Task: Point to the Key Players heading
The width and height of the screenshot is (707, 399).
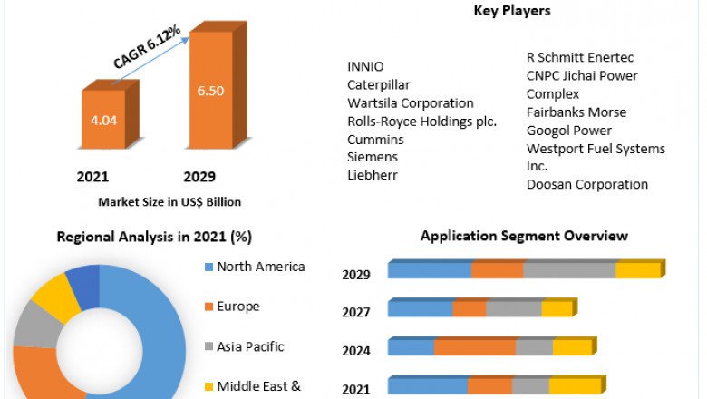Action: [x=512, y=11]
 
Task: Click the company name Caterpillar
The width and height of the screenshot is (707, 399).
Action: [x=376, y=84]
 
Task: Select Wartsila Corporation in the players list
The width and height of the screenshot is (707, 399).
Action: [x=410, y=103]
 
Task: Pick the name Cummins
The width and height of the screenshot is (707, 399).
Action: [x=375, y=140]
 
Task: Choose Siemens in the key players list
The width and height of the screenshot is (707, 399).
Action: [x=372, y=157]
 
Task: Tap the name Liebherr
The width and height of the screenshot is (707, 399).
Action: [x=373, y=175]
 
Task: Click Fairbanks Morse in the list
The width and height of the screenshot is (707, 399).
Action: [x=576, y=112]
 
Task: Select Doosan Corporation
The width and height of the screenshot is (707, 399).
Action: [x=586, y=184]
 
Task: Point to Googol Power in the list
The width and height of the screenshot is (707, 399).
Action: [x=568, y=131]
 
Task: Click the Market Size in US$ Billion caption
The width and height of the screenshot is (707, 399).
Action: [x=169, y=201]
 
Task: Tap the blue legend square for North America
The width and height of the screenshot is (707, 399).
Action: [x=208, y=268]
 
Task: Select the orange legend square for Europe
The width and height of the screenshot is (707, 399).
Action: [x=208, y=307]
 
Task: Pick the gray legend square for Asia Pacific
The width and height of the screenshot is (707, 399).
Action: [x=208, y=347]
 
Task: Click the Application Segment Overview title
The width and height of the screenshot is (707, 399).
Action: [x=524, y=236]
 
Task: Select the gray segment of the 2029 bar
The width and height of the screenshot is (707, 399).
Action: [x=569, y=269]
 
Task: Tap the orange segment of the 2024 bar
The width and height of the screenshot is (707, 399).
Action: [x=475, y=346]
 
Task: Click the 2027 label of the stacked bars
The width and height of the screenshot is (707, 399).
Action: [x=355, y=313]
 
